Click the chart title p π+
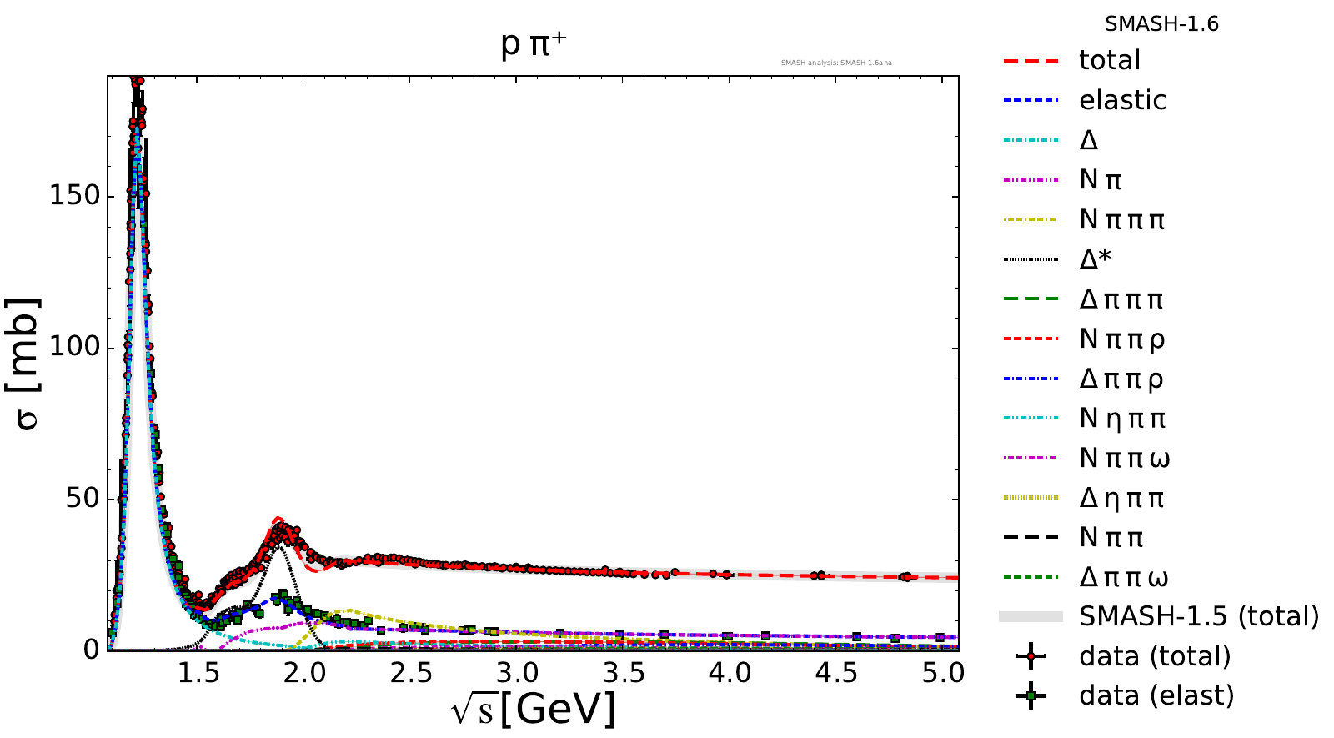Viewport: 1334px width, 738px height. tap(534, 43)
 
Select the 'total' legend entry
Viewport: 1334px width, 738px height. tap(1109, 60)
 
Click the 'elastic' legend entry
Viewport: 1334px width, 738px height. tap(1122, 100)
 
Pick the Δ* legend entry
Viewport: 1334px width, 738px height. tap(1095, 259)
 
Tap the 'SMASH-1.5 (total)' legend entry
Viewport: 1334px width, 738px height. tap(1199, 616)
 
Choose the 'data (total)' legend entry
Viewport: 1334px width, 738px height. tap(1155, 656)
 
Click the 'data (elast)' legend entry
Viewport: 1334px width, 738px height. tap(1156, 695)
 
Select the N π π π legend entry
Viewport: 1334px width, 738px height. tap(1121, 220)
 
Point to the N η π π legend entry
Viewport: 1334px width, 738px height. tap(1122, 419)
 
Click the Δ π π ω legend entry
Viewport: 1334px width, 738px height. tap(1124, 577)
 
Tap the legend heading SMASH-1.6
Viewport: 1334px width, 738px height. tap(1161, 24)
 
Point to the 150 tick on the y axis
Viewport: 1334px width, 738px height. tap(75, 196)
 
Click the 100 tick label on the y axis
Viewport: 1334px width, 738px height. tap(75, 347)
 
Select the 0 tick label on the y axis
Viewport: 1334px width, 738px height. tap(92, 650)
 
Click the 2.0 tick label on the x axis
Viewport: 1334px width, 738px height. tap(304, 672)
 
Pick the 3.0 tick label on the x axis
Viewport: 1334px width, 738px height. tap(517, 672)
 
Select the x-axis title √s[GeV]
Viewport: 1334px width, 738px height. tap(534, 710)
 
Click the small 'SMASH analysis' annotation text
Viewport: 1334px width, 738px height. tap(836, 63)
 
